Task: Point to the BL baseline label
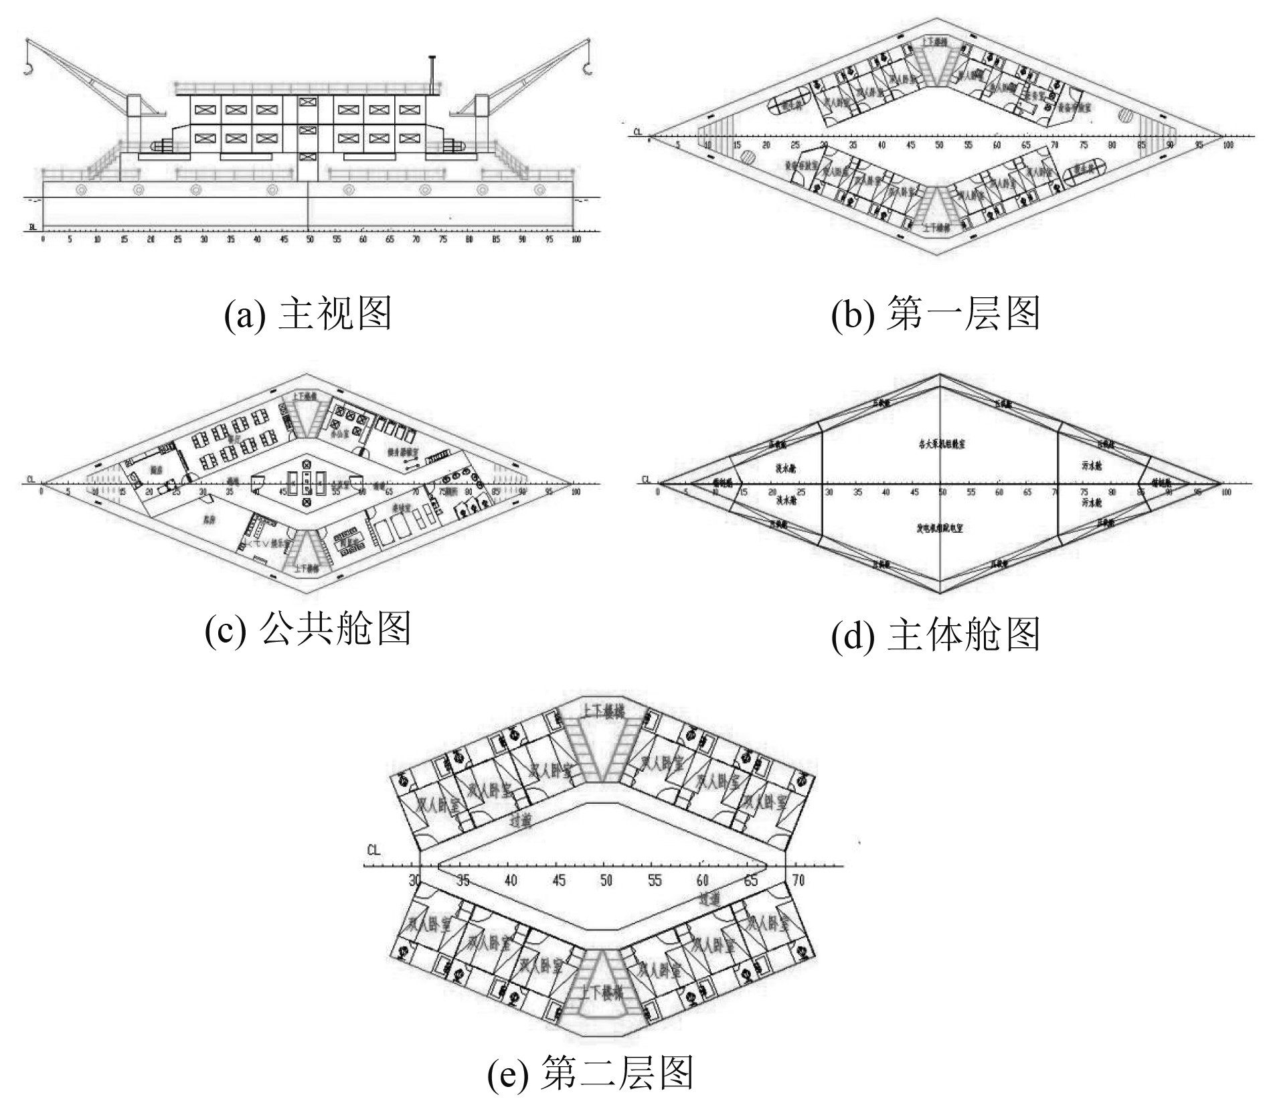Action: click(x=32, y=228)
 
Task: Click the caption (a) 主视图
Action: click(x=307, y=314)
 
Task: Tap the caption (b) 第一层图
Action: click(x=936, y=314)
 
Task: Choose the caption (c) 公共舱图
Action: click(x=307, y=629)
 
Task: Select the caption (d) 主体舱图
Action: click(x=936, y=635)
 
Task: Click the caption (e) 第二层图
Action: click(x=590, y=1072)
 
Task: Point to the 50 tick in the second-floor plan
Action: click(x=606, y=880)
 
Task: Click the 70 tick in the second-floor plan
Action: click(x=797, y=880)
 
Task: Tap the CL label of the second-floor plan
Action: click(x=373, y=851)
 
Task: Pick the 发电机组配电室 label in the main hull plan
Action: click(x=940, y=529)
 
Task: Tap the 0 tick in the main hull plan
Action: click(x=658, y=493)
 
